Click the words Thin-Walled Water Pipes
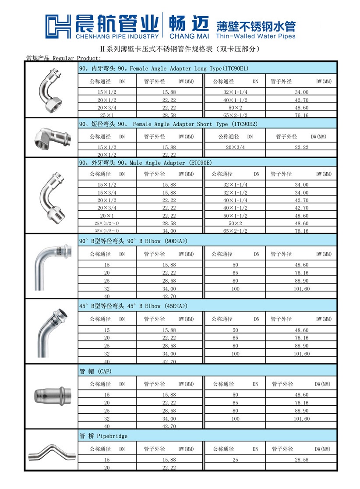(x=256, y=36)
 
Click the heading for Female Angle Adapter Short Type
(x=169, y=124)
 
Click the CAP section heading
(x=95, y=372)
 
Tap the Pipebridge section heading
(x=103, y=436)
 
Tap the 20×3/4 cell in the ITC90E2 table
(x=235, y=147)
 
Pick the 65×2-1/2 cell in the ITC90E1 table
(x=235, y=115)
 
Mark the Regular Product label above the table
(x=63, y=58)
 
